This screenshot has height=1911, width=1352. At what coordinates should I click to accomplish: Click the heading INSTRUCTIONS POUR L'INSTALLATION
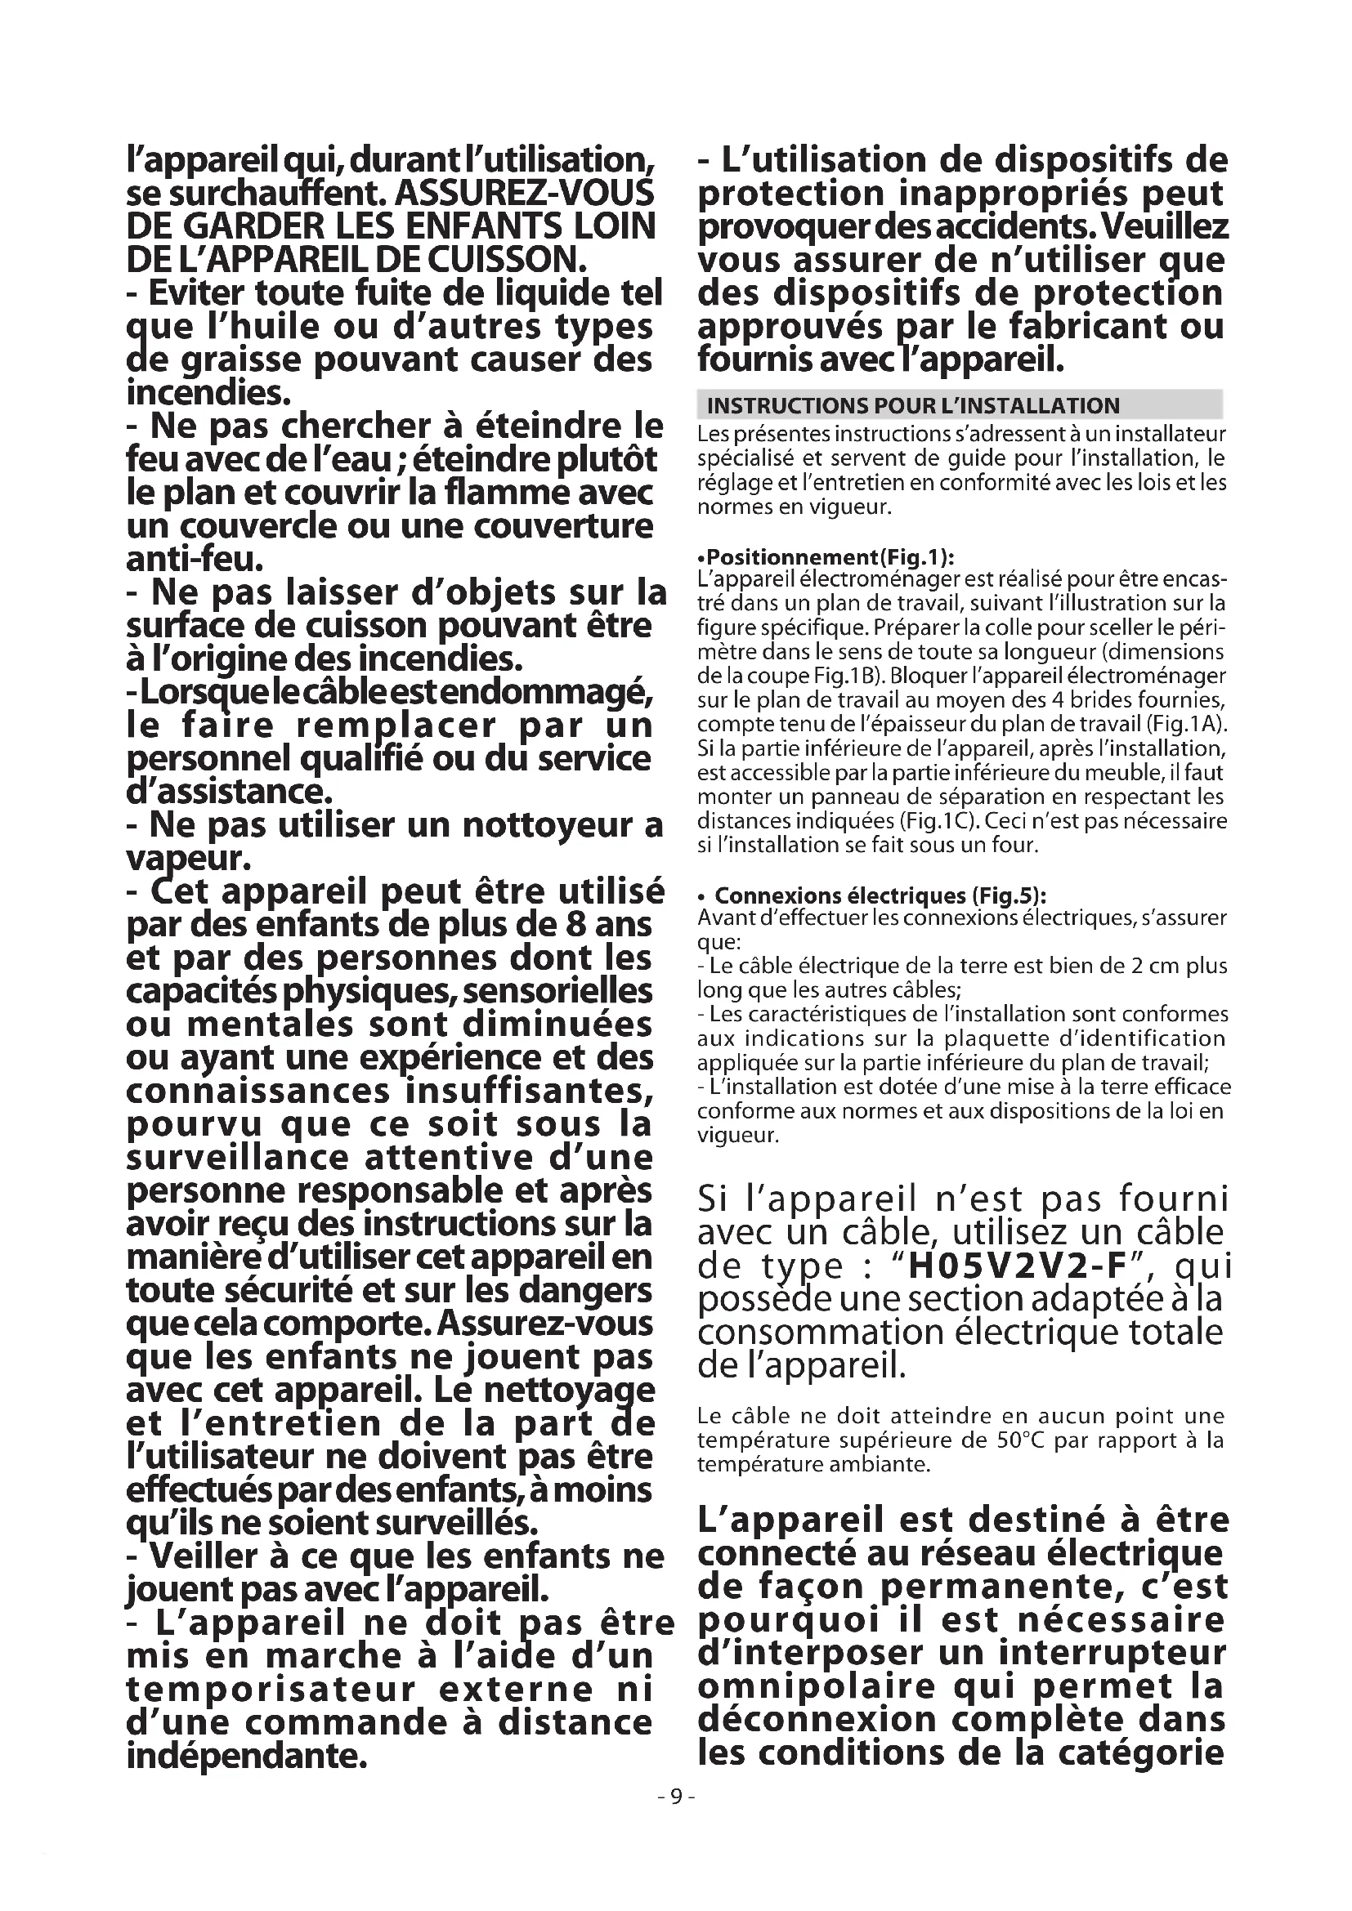click(912, 406)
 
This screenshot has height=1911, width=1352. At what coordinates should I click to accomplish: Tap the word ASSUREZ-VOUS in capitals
click(525, 193)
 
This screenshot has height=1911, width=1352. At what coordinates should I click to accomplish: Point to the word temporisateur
click(271, 1690)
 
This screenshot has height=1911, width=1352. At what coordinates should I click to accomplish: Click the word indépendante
click(246, 1757)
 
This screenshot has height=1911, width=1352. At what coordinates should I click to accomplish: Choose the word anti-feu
click(195, 559)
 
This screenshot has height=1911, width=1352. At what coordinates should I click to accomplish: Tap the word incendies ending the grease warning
click(208, 391)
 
